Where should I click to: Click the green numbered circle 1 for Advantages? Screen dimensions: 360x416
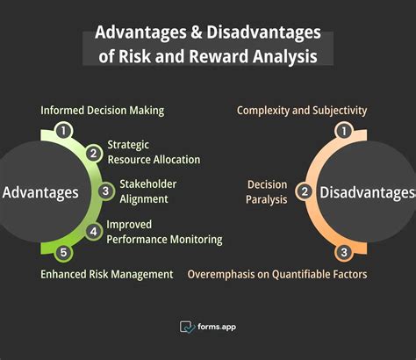[x=62, y=131]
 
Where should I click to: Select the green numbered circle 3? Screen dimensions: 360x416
[x=105, y=191]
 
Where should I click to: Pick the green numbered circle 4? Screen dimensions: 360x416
[x=93, y=231]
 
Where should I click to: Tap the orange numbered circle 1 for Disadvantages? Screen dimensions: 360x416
[x=345, y=131]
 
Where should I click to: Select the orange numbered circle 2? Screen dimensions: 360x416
[x=305, y=191]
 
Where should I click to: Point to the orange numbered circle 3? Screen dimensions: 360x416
[x=345, y=253]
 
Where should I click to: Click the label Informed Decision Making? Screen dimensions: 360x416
[x=103, y=111]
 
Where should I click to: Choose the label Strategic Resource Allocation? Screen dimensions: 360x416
[x=154, y=152]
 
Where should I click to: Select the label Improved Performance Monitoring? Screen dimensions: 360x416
[x=164, y=232]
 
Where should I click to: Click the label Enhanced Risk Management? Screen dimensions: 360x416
[x=106, y=274]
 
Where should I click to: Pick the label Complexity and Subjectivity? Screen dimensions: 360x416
[x=302, y=111]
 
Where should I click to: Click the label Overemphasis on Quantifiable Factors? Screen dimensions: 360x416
[x=277, y=274]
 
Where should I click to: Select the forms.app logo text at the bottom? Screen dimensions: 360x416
[x=216, y=327]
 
